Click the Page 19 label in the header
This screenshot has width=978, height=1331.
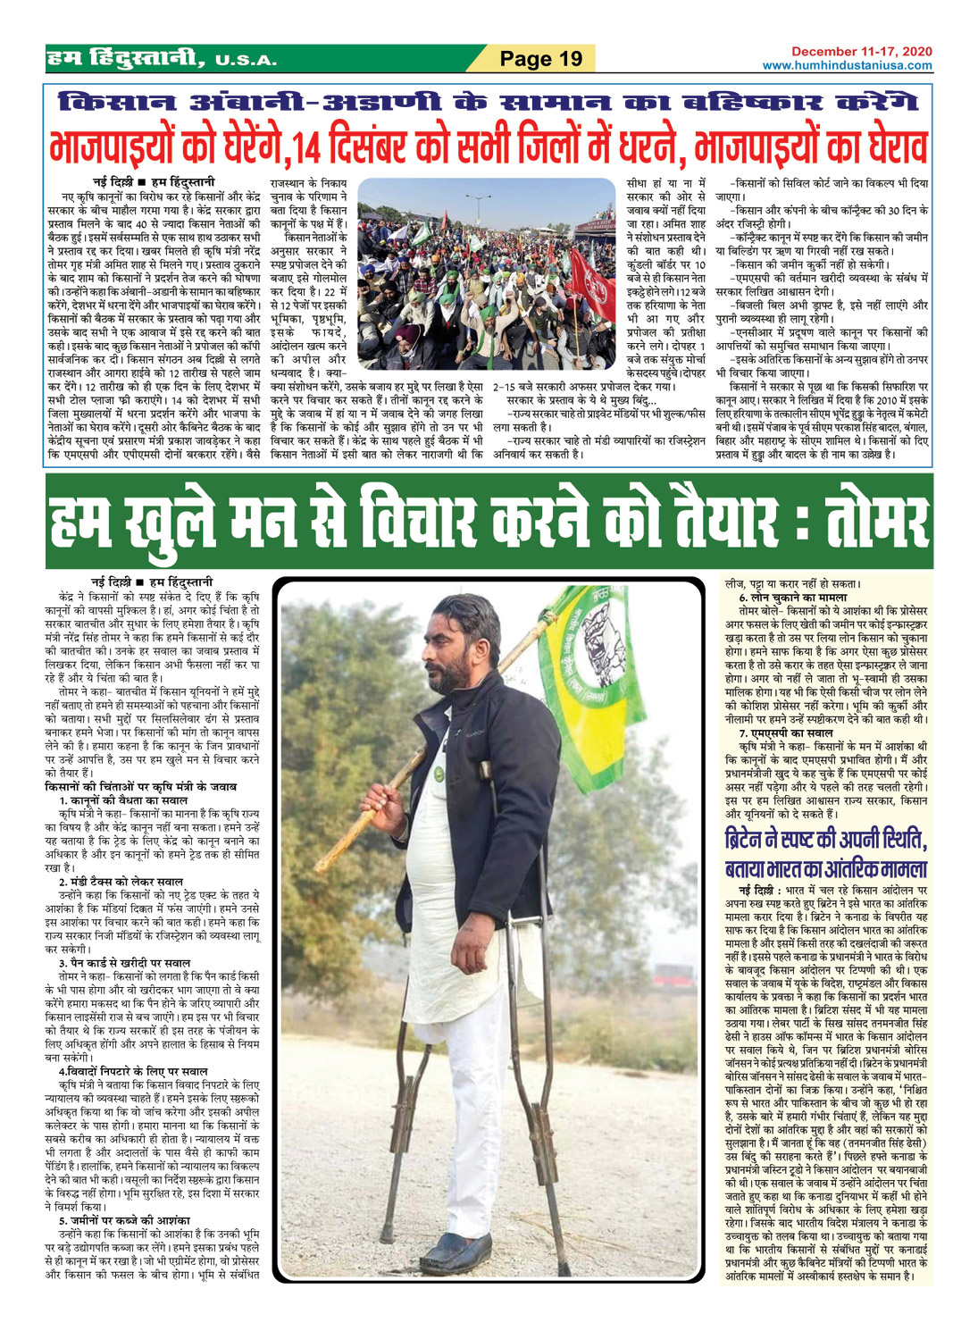coord(540,59)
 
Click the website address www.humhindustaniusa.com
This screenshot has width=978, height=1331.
coord(847,65)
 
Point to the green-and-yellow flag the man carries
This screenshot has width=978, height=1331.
coord(616,679)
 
